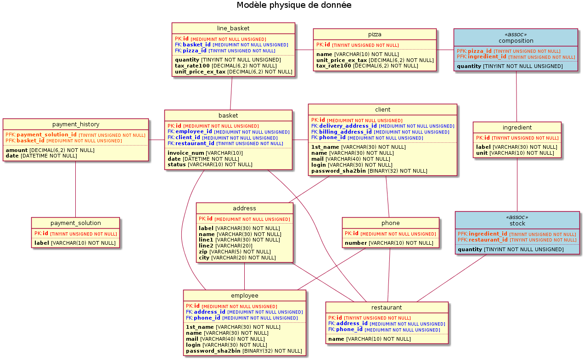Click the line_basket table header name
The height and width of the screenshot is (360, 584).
(233, 28)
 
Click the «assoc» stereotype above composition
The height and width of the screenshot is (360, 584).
(517, 34)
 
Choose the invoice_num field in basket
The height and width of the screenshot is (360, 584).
(186, 153)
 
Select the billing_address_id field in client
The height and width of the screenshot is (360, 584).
(345, 132)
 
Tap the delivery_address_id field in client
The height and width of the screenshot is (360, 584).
(348, 126)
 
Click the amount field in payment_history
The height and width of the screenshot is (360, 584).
(17, 150)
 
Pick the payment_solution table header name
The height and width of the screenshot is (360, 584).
(75, 223)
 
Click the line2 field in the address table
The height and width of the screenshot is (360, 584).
(206, 246)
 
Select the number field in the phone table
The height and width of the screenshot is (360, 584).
(356, 243)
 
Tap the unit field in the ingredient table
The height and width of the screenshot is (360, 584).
(482, 153)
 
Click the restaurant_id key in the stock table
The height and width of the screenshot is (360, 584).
(488, 240)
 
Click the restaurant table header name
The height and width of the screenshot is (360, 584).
(387, 308)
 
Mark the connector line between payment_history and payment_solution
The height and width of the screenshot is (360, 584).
(75, 189)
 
